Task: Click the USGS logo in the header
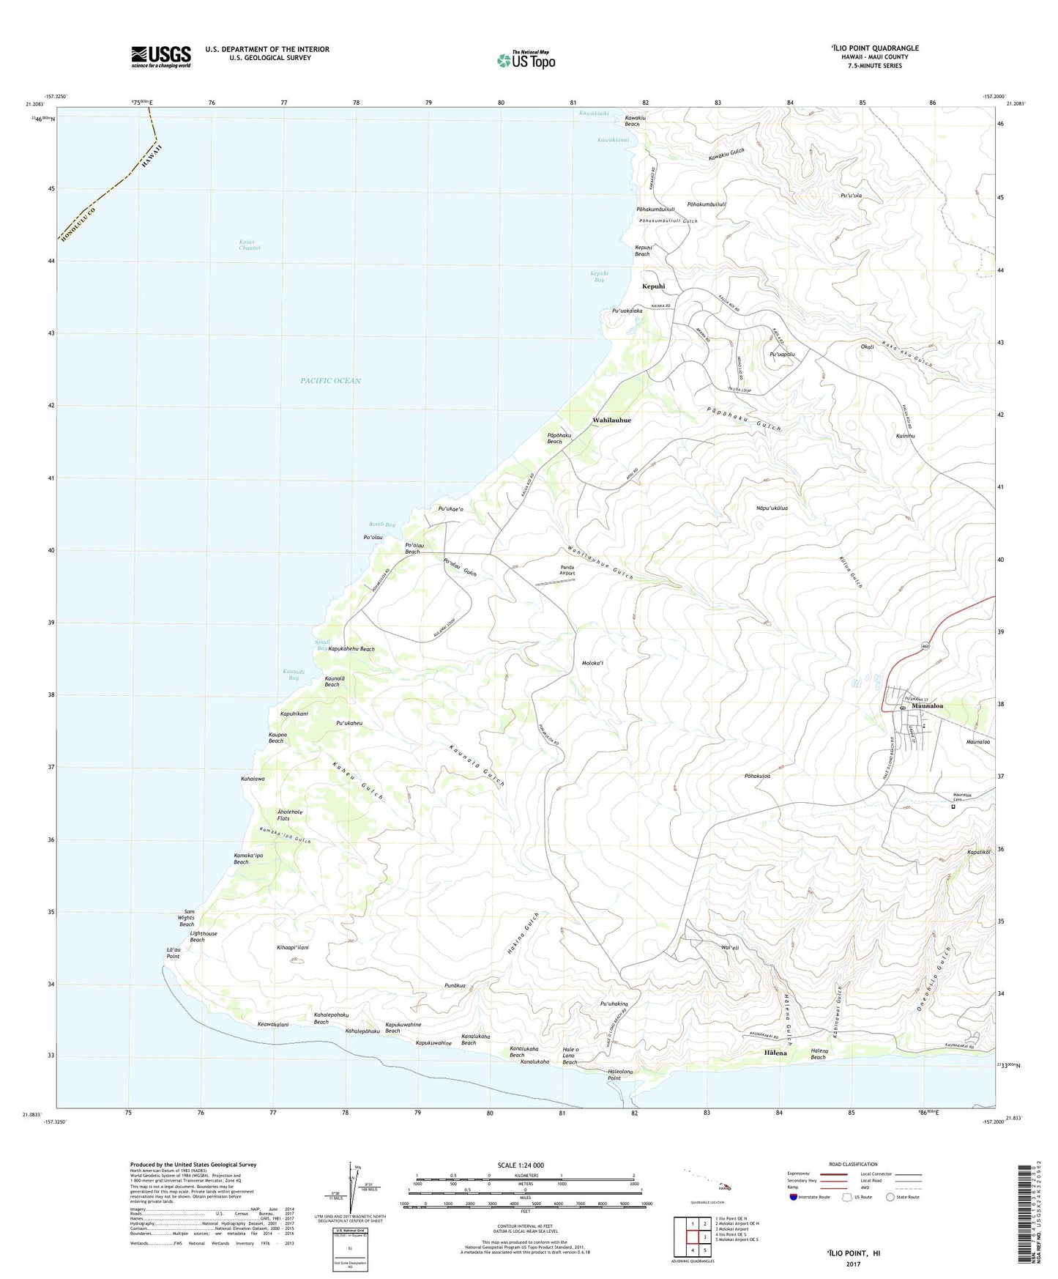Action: point(161,56)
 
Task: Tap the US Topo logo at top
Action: point(526,60)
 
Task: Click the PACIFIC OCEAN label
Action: point(330,381)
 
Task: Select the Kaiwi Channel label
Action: point(249,245)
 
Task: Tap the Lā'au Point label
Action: point(173,953)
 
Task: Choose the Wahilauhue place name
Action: point(611,420)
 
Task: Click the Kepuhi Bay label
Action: point(599,276)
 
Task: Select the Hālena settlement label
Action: point(775,1053)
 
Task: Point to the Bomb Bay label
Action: point(381,524)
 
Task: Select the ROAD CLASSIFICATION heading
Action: point(853,1164)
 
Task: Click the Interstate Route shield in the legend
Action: point(795,1197)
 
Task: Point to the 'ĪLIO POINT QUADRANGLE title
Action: point(874,48)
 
